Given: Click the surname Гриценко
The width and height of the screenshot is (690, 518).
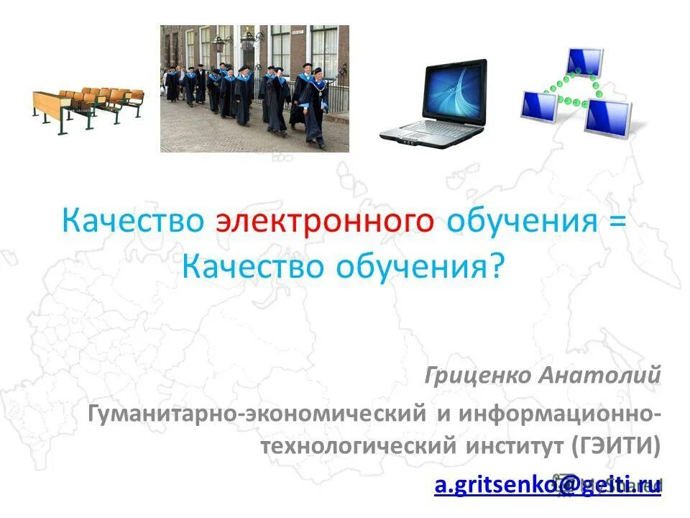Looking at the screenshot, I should pos(475,375).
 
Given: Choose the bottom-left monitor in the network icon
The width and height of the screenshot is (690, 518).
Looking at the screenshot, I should pos(539,106).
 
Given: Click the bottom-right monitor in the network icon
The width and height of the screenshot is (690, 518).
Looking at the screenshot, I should pos(607,117).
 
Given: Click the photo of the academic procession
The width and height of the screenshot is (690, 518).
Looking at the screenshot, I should pos(254,88).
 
